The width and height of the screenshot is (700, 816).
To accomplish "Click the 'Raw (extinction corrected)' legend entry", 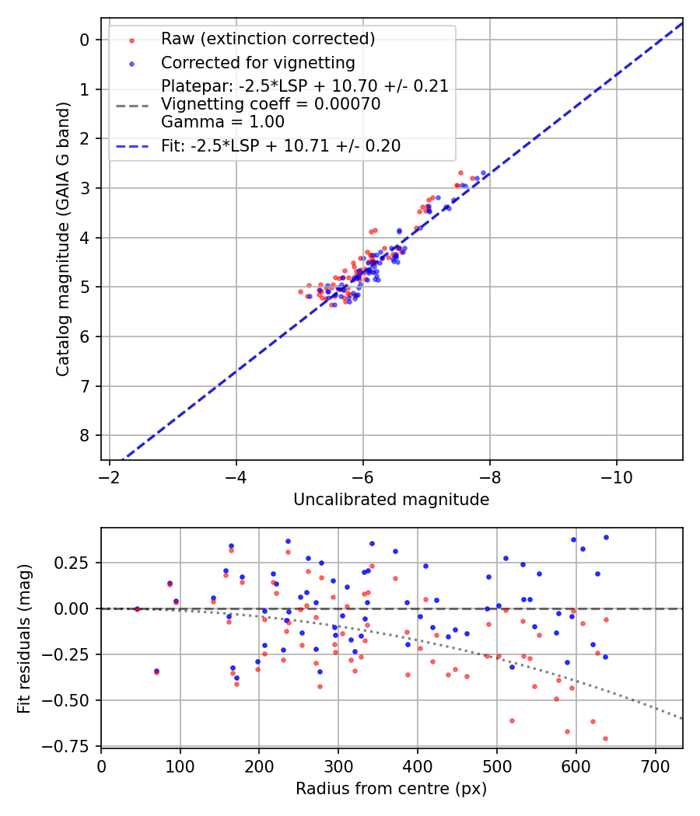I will click(268, 39).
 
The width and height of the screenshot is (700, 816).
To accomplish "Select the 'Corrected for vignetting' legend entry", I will click(257, 63).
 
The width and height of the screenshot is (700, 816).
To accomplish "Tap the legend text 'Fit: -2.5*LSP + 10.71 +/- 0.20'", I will click(281, 146).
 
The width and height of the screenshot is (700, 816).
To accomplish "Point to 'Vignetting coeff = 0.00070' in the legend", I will click(271, 104).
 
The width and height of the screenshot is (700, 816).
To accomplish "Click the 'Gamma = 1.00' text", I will click(222, 122).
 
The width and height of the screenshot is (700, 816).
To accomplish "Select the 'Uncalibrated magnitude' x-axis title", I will click(391, 500).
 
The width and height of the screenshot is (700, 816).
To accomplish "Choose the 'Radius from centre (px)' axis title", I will click(391, 788).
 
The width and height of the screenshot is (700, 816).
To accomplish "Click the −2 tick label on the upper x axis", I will click(110, 476).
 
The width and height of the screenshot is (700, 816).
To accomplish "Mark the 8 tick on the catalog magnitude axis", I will click(86, 435).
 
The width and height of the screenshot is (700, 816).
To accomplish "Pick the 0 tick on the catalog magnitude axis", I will click(86, 40).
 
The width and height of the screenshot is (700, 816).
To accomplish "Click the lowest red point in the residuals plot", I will click(605, 738).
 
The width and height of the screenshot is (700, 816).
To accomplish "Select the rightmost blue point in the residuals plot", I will click(606, 537).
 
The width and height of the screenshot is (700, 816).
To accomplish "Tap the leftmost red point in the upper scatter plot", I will click(301, 291).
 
